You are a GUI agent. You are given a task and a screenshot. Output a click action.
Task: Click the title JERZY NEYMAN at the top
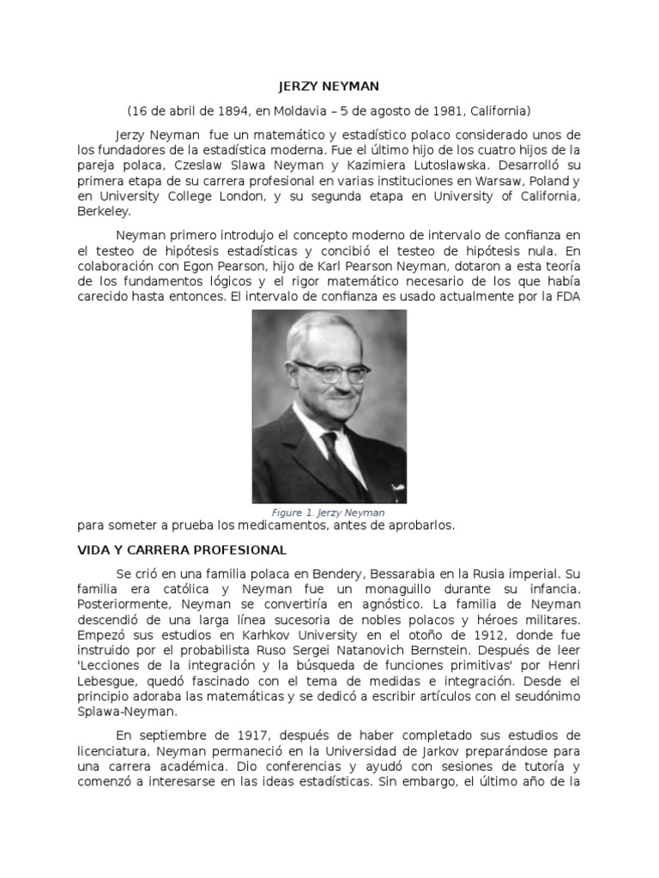[x=329, y=87]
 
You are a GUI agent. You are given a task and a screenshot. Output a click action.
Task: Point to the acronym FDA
[x=568, y=298]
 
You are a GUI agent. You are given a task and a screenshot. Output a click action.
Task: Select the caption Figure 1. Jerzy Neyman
[x=329, y=513]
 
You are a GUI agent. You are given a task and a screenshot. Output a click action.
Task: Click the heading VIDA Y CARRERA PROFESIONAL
[x=182, y=550]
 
